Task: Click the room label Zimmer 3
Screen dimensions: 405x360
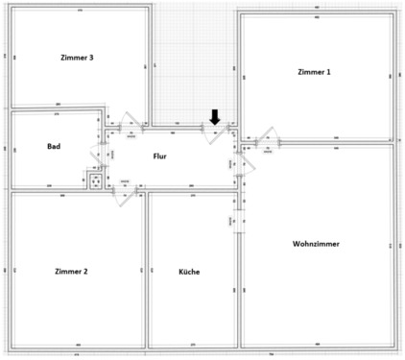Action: click(x=78, y=59)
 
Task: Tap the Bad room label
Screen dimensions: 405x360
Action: click(x=54, y=147)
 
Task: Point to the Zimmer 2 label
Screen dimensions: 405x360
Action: click(x=71, y=272)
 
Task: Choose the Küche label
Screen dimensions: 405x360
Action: click(x=189, y=272)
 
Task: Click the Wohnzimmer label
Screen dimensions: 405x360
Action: click(x=316, y=244)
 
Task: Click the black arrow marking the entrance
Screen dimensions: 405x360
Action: click(x=215, y=117)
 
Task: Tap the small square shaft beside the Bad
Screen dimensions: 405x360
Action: click(x=95, y=180)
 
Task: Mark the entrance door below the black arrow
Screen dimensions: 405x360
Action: click(x=216, y=132)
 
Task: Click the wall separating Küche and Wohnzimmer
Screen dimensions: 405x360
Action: click(x=238, y=278)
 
